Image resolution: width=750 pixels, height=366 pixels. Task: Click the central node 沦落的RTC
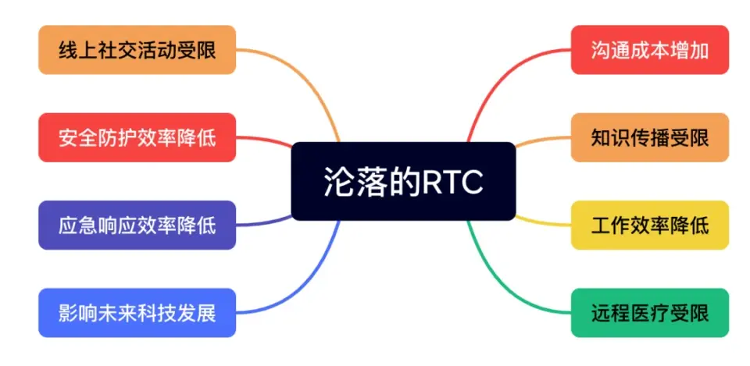click(x=403, y=181)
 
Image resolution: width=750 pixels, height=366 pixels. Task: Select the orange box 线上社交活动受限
click(x=137, y=50)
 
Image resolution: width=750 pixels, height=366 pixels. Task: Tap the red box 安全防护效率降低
click(x=137, y=137)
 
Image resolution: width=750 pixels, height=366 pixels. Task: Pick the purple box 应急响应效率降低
click(x=137, y=226)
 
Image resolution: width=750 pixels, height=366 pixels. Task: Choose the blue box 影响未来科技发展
click(x=137, y=313)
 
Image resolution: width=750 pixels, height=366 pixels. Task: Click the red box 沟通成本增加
click(x=649, y=50)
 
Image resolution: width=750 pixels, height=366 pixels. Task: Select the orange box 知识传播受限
click(x=649, y=137)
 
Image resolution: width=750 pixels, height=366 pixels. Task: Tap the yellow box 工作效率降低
click(x=649, y=226)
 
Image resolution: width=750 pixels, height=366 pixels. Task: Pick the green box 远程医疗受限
click(x=649, y=313)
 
